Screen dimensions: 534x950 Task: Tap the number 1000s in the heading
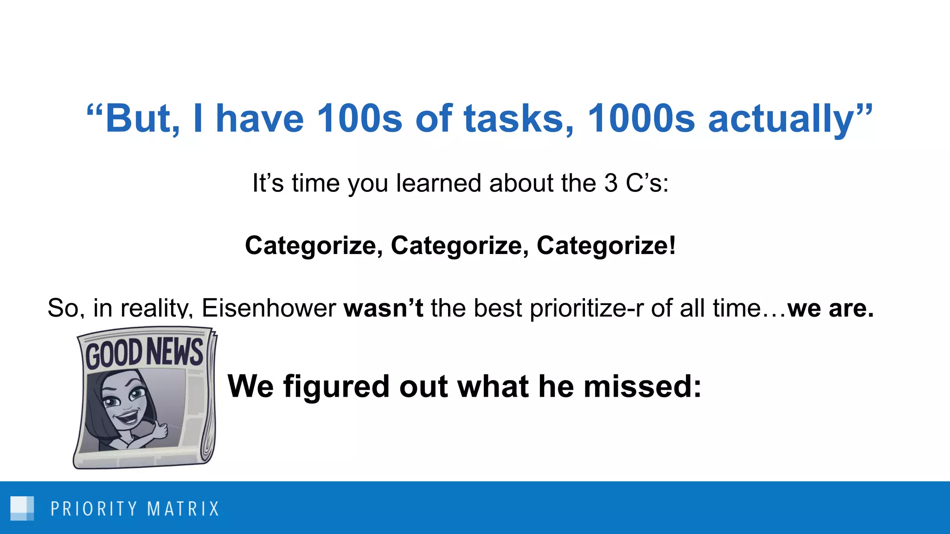pos(641,119)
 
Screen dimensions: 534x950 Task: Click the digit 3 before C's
pos(611,183)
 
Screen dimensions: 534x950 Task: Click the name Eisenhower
pos(269,308)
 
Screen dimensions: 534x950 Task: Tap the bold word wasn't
pos(383,308)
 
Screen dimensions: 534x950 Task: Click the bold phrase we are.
pos(830,308)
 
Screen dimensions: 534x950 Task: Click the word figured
pos(336,387)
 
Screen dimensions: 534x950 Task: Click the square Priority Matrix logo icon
pos(22,508)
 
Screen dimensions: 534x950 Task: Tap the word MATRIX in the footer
pos(183,509)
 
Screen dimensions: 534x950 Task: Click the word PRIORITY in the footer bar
pos(94,509)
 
